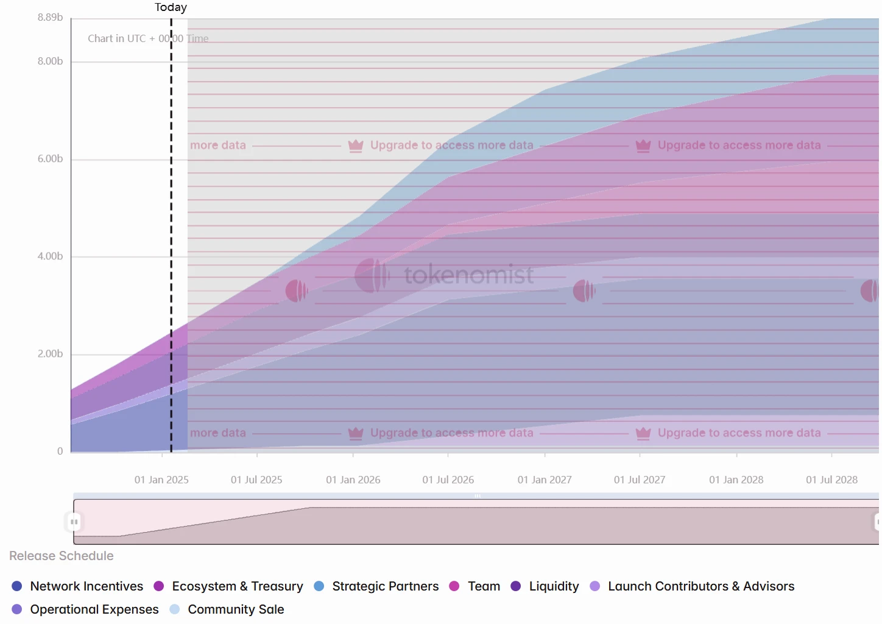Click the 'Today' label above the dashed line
[x=171, y=7]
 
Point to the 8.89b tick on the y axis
[x=50, y=17]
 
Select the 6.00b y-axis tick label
[x=50, y=159]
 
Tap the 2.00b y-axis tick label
[x=50, y=354]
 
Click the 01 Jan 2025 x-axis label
[x=161, y=480]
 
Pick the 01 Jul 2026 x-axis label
[x=448, y=480]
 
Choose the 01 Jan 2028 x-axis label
[x=736, y=480]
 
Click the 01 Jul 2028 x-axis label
[x=831, y=480]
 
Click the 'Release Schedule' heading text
[x=62, y=556]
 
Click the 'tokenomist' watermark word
[x=468, y=275]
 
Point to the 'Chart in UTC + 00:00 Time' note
[x=148, y=38]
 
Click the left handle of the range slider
[x=74, y=522]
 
